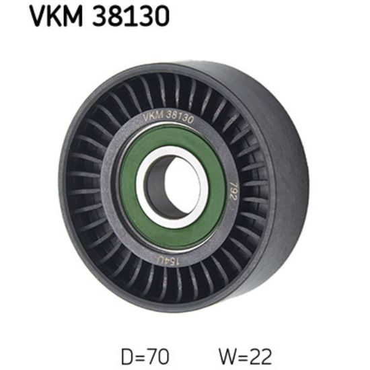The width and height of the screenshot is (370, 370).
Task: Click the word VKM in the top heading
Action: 56,16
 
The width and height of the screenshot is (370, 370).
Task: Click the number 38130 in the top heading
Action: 131,16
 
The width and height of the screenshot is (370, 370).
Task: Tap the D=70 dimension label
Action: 145,357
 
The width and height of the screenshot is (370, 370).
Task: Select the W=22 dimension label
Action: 245,357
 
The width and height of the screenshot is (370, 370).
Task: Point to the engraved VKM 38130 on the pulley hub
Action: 168,116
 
